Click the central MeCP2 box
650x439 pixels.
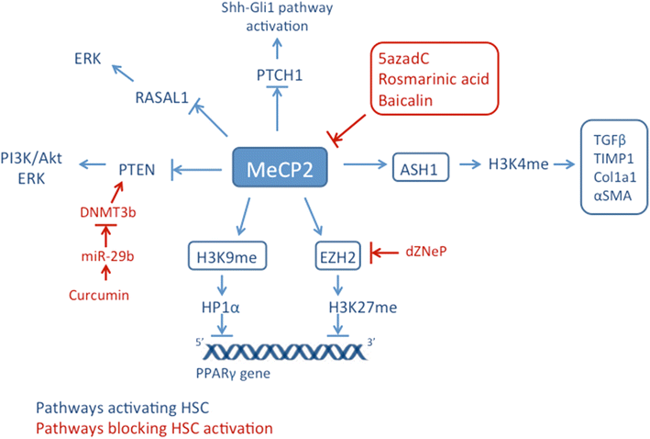(285, 167)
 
